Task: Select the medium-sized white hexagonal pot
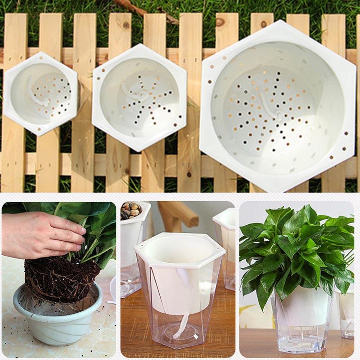[x=139, y=97]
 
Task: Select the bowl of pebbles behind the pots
[x=131, y=210]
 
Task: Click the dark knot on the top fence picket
[x=220, y=21]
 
